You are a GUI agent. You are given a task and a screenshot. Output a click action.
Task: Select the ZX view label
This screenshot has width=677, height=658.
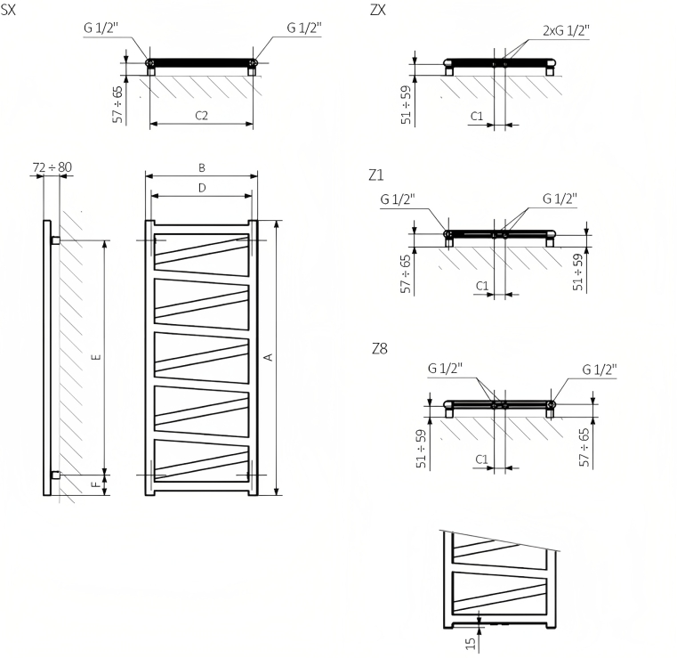[377, 10]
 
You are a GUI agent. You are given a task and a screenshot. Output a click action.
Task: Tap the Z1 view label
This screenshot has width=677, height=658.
[376, 174]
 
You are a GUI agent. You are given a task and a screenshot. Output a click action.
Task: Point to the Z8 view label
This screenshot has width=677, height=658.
[379, 348]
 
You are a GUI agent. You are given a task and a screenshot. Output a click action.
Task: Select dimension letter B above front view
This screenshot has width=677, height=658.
[202, 167]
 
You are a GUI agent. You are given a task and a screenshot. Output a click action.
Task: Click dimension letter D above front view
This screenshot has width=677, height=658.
[202, 188]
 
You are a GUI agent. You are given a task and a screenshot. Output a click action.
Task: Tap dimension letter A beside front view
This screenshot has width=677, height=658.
[267, 357]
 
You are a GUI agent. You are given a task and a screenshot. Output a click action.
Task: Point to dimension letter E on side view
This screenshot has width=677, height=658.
[96, 357]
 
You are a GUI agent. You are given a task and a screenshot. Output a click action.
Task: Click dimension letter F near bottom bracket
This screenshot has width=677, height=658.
[96, 485]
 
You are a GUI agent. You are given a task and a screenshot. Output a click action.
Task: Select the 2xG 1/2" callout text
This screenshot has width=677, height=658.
[566, 29]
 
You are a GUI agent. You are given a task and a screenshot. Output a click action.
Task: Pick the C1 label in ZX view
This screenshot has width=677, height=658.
[476, 117]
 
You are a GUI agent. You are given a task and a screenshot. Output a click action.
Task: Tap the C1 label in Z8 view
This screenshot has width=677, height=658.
[481, 459]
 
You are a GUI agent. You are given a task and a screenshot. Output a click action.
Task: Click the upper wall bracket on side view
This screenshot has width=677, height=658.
[55, 241]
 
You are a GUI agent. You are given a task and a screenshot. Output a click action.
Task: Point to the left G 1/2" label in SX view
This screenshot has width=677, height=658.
[101, 28]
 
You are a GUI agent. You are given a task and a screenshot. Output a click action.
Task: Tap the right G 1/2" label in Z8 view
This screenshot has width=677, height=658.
[600, 369]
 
